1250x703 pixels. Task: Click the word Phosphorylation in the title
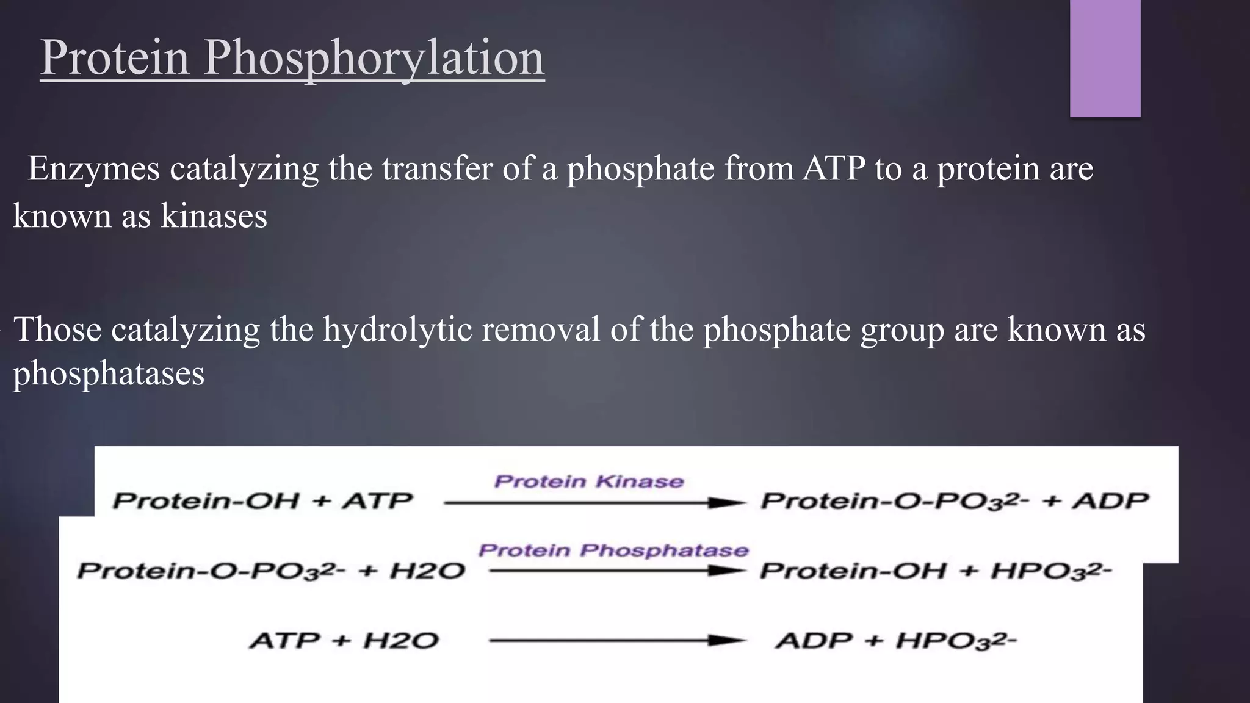point(374,59)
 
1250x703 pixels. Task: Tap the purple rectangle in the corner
point(1105,58)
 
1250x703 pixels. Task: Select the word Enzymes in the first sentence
point(93,168)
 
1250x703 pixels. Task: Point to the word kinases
point(214,215)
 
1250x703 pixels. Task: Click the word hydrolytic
point(397,330)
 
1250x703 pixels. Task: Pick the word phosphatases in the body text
point(109,373)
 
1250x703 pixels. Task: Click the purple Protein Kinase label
point(588,481)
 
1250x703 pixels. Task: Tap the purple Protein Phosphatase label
point(613,550)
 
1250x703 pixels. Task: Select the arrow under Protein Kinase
point(594,503)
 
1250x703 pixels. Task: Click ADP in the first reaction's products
point(1110,501)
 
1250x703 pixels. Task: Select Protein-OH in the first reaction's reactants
point(206,501)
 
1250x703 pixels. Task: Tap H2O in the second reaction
point(427,571)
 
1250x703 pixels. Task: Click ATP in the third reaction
point(284,641)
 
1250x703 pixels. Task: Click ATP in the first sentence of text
point(834,168)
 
